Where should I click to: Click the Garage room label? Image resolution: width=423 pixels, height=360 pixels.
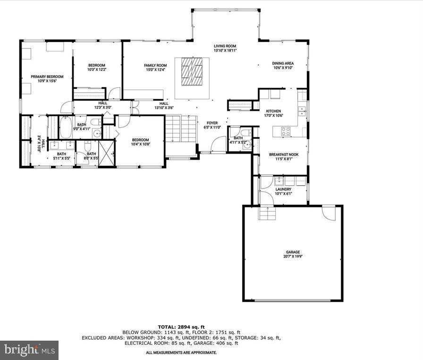293,252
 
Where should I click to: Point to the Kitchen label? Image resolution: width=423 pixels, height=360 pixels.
273,111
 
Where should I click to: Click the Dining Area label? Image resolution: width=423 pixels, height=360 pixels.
283,63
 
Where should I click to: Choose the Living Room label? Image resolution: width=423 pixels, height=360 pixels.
225,46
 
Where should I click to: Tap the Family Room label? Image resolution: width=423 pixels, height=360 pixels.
155,65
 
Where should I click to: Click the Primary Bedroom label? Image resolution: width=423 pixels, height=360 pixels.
47,77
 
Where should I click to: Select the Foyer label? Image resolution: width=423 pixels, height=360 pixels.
212,123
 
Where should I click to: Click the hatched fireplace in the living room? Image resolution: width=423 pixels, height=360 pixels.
192,71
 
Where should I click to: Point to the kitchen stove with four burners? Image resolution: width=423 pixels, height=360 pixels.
286,132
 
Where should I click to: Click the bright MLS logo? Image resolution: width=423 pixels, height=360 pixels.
29,350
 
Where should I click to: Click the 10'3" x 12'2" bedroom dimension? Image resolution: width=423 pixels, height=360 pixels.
97,70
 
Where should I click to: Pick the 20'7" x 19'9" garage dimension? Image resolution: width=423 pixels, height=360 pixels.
293,257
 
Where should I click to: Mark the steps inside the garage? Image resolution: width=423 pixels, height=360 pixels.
267,214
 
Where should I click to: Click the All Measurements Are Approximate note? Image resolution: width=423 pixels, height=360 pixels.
181,352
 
